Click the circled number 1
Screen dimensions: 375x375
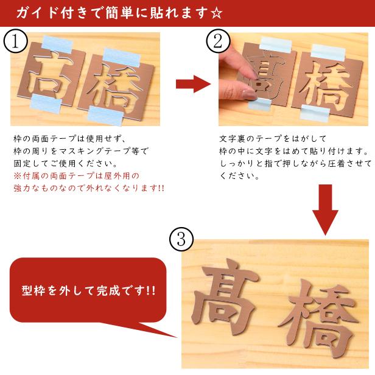15,41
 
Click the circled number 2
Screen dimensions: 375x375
218,41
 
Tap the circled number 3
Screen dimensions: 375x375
181,239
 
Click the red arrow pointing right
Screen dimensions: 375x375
193,84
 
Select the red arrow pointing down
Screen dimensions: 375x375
325,209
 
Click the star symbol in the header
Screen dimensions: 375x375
217,13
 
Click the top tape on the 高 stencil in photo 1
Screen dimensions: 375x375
57,44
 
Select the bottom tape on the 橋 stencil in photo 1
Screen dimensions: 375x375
105,115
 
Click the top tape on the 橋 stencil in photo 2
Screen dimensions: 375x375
328,52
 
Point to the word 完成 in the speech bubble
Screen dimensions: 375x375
108,290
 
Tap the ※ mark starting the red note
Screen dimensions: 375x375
18,176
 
